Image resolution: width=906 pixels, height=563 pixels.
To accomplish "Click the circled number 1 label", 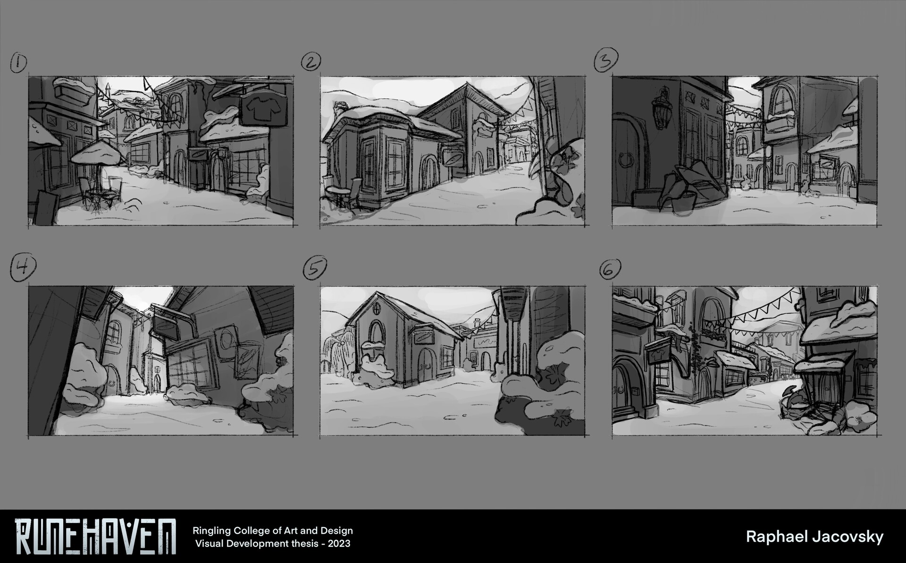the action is [18, 64].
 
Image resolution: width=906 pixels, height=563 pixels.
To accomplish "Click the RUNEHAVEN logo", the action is [95, 536].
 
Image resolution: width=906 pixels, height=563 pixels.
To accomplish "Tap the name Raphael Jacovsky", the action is [814, 537].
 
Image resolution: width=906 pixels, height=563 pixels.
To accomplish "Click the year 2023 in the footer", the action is [338, 543].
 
